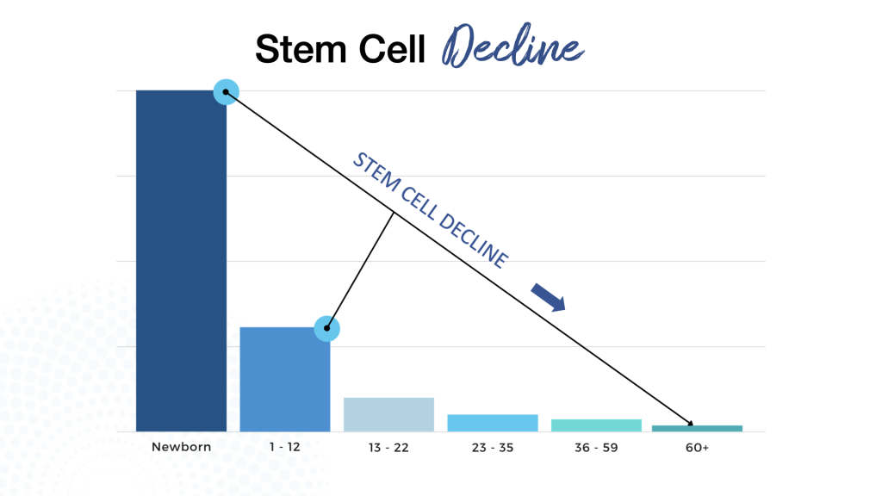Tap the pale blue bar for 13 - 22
coord(388,414)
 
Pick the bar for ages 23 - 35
coord(493,423)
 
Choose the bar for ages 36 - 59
coord(596,425)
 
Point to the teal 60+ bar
coord(697,428)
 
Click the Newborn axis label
coord(181,448)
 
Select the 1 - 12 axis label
coord(284,448)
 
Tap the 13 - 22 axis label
coord(388,448)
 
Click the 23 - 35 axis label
coord(493,448)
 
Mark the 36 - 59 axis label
coord(596,448)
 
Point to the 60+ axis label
coord(697,448)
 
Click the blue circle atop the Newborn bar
coord(226,91)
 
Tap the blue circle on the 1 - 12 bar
coord(327,328)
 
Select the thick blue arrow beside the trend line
coord(548,296)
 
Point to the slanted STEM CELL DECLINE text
coord(430,208)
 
